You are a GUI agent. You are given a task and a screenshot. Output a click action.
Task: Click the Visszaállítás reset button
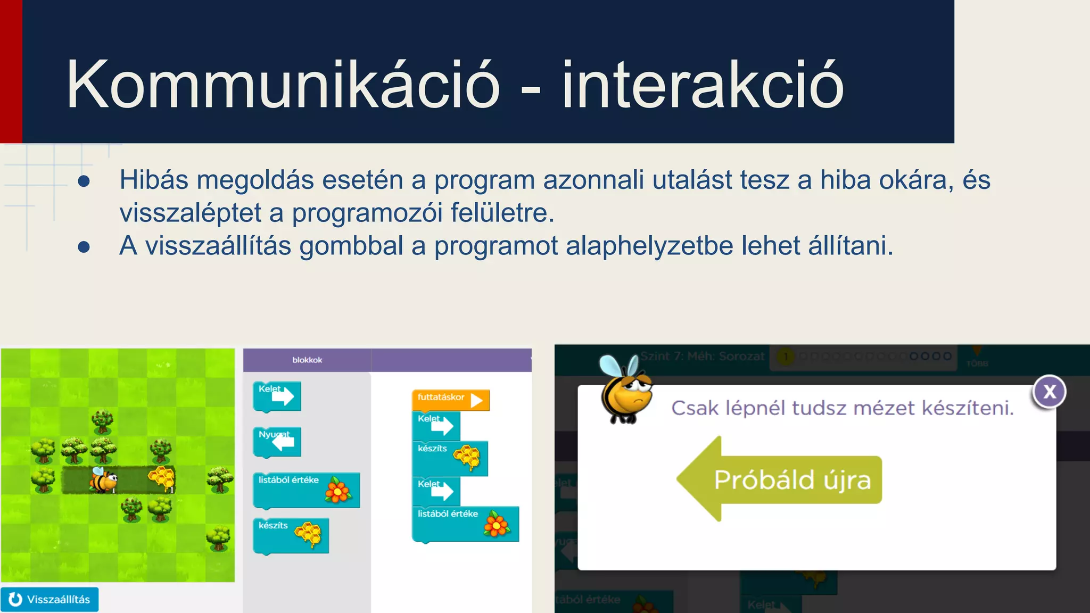(x=49, y=599)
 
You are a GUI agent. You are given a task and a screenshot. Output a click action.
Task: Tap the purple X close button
(x=1049, y=392)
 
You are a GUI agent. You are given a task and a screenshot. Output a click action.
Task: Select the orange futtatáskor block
(x=450, y=400)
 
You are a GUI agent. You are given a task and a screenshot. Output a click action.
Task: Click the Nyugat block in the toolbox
(x=277, y=442)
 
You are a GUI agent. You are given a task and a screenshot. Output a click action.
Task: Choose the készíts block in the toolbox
(x=290, y=535)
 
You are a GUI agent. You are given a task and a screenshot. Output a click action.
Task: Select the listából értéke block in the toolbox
(x=306, y=490)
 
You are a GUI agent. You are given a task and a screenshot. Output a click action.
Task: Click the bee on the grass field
(x=103, y=480)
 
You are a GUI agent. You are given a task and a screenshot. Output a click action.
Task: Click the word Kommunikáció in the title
(x=283, y=85)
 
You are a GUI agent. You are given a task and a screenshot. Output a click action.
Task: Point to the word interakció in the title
(x=703, y=85)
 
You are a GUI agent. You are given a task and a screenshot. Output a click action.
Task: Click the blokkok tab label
(x=307, y=360)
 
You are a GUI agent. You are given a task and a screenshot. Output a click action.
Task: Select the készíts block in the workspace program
(x=450, y=458)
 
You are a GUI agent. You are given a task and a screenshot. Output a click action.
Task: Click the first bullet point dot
(x=84, y=181)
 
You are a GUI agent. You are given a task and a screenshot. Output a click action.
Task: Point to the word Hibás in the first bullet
(x=154, y=180)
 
